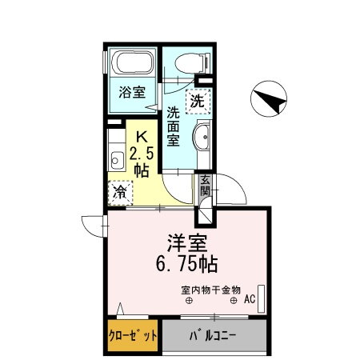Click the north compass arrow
tap(270, 100)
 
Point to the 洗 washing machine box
tap(197, 101)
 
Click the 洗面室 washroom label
tap(173, 126)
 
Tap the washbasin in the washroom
tap(201, 138)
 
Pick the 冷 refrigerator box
tap(119, 191)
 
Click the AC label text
tap(249, 300)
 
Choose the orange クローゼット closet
tap(132, 335)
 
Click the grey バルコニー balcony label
tap(212, 335)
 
